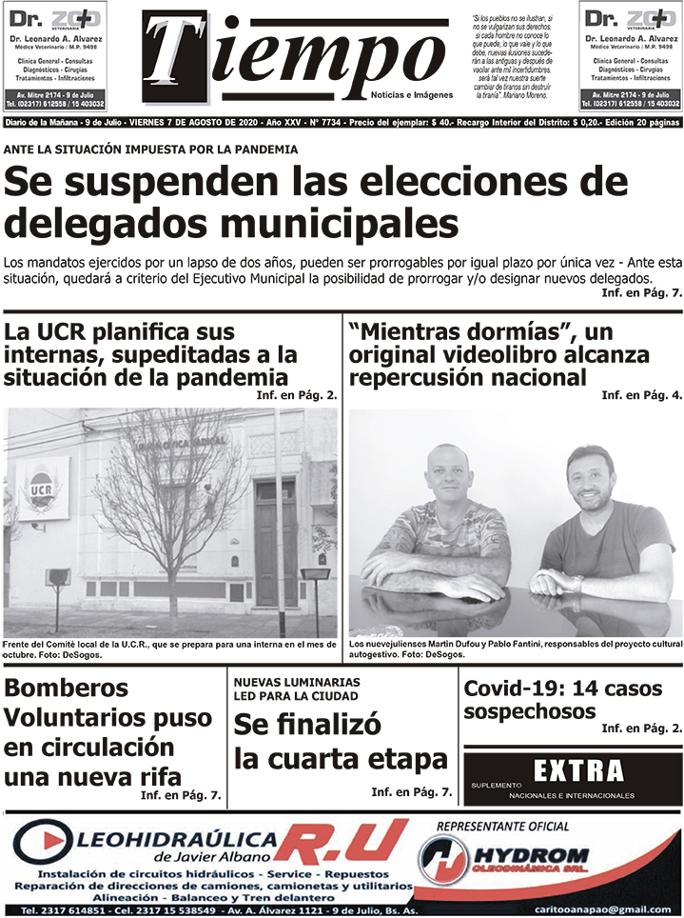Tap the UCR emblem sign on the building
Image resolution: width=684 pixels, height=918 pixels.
pyautogui.click(x=41, y=486)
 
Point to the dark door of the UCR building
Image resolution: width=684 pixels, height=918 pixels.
pyautogui.click(x=276, y=543)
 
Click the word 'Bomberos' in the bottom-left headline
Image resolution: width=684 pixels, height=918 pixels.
pyautogui.click(x=67, y=688)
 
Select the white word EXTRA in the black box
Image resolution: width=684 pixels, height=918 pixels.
pyautogui.click(x=578, y=770)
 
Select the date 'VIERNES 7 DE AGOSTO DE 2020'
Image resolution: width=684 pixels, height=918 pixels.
pyautogui.click(x=198, y=123)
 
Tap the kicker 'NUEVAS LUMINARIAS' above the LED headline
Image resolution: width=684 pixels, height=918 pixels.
pyautogui.click(x=297, y=683)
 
